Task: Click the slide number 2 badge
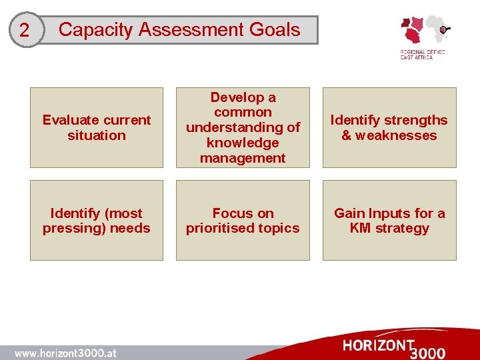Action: [25, 31]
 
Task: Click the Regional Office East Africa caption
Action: [421, 54]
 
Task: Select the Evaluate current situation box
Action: [97, 127]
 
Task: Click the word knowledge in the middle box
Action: [243, 143]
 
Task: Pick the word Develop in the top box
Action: [243, 97]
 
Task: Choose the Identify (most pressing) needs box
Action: [97, 220]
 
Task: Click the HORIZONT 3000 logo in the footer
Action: [393, 348]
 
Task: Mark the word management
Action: [243, 158]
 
